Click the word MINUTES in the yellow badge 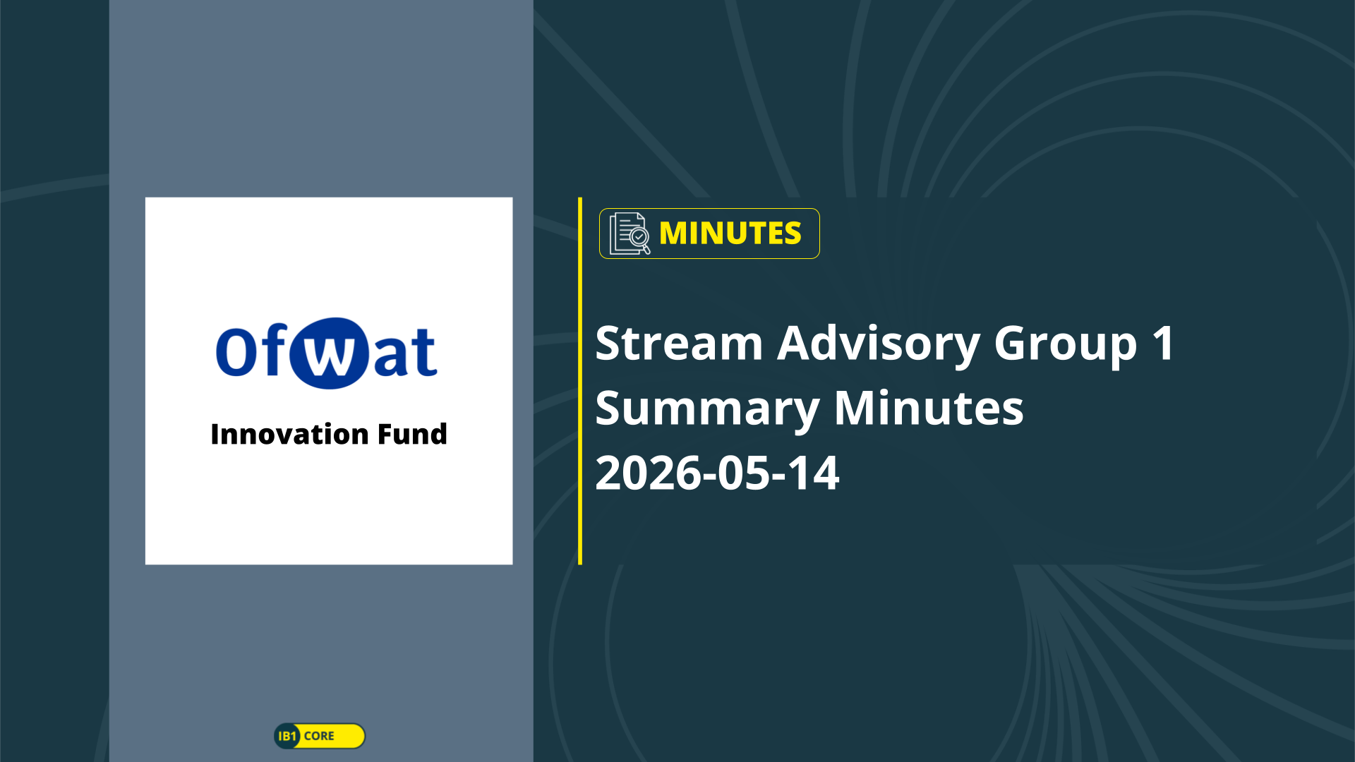(730, 234)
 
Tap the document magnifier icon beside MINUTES (630, 234)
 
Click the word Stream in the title (679, 344)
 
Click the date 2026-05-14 (717, 473)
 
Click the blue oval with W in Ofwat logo (329, 353)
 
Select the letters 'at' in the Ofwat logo (405, 352)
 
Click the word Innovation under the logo (289, 434)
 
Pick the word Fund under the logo (412, 434)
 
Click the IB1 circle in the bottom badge (287, 736)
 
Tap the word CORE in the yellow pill (319, 736)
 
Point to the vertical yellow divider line (580, 381)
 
